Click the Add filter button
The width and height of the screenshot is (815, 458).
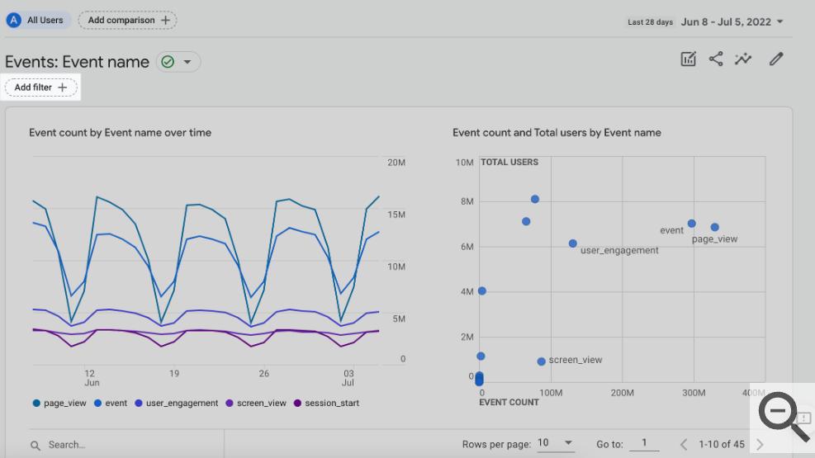pyautogui.click(x=41, y=87)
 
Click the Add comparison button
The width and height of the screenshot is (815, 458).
pyautogui.click(x=127, y=21)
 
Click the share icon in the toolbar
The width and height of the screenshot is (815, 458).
pyautogui.click(x=716, y=59)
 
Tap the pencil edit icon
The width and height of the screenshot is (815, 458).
pyautogui.click(x=776, y=59)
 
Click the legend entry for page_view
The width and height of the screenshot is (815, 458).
pyautogui.click(x=59, y=403)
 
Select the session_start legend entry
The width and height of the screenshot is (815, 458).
pyautogui.click(x=326, y=403)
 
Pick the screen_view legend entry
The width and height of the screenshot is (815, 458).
pyautogui.click(x=256, y=403)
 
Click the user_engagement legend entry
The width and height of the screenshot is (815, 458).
pyautogui.click(x=176, y=403)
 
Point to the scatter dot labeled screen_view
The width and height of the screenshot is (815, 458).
pyautogui.click(x=541, y=361)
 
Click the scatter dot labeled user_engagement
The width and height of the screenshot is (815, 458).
pyautogui.click(x=573, y=243)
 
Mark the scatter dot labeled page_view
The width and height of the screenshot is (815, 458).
pyautogui.click(x=715, y=227)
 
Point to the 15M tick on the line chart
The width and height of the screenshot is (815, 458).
pyautogui.click(x=396, y=215)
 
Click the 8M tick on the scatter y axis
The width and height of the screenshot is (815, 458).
pyautogui.click(x=467, y=201)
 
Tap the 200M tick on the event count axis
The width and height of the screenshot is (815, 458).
pyautogui.click(x=622, y=393)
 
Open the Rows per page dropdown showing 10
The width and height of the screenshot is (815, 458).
pyautogui.click(x=555, y=443)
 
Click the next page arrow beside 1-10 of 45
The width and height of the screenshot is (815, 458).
pyautogui.click(x=760, y=445)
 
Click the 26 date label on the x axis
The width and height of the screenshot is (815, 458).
pyautogui.click(x=264, y=373)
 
